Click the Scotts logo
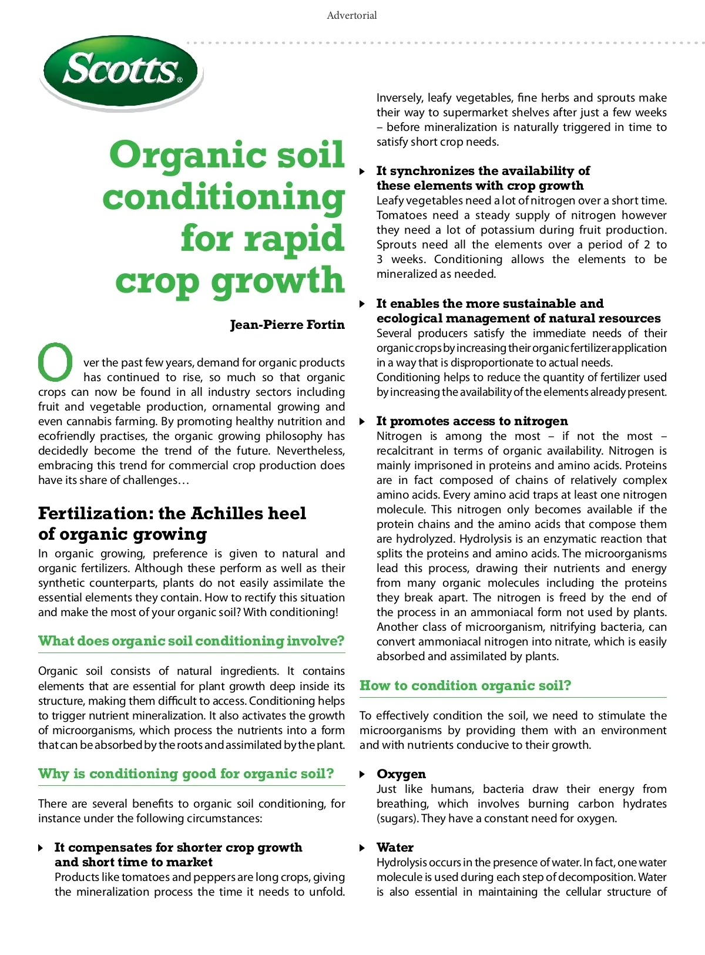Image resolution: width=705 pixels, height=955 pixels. coord(122,71)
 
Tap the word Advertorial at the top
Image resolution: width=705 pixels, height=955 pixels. coord(352,15)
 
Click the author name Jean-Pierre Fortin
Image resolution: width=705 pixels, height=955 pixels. coord(287,325)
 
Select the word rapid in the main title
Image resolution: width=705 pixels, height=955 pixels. coord(262,238)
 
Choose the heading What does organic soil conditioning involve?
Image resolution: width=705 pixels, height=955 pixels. coord(191,641)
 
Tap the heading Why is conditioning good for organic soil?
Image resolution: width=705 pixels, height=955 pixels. coord(186,774)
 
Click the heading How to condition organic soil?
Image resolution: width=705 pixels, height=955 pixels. coord(465,685)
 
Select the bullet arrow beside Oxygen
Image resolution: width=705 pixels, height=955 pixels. coord(362,774)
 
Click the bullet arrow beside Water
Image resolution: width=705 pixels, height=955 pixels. coord(362,848)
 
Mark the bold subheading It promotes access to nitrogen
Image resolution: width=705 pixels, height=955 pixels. coord(472,421)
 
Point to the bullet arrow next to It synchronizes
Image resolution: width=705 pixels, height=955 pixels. coord(362,171)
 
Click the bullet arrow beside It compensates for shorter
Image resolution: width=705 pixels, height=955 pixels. coord(41,848)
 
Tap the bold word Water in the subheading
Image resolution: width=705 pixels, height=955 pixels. coord(395,848)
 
